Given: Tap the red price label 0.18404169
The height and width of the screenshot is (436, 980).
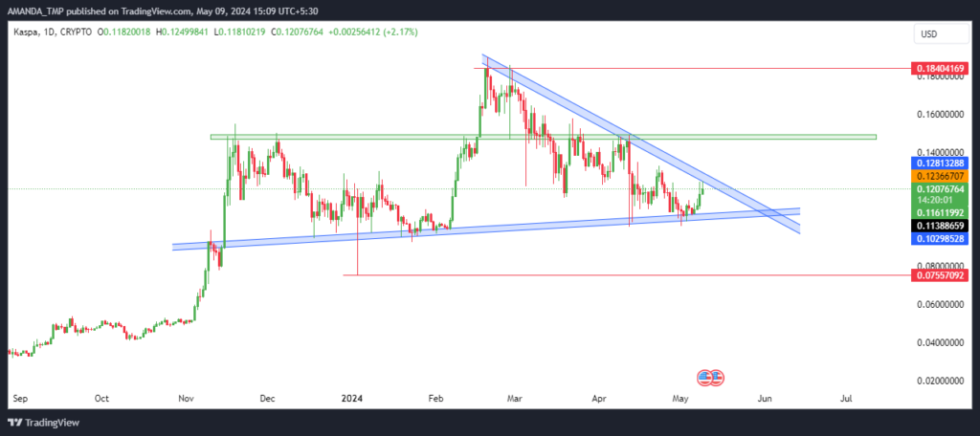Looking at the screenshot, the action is click(940, 68).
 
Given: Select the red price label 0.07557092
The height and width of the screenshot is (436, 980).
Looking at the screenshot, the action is click(940, 274).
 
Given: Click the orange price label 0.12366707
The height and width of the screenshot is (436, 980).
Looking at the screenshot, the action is click(940, 176).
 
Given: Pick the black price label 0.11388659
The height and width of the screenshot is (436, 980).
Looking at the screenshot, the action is click(940, 226).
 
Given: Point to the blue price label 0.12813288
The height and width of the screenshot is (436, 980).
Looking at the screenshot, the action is click(940, 163).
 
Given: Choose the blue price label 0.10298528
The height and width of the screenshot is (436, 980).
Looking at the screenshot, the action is click(940, 239).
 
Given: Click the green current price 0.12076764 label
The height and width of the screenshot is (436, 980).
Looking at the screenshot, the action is click(940, 188).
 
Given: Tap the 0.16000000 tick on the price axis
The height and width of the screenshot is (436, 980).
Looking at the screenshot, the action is click(940, 115).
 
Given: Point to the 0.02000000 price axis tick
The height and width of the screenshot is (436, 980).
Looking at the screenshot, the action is click(940, 381).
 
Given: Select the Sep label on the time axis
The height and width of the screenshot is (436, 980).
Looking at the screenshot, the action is click(19, 397).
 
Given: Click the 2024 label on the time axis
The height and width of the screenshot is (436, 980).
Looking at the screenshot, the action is click(351, 397).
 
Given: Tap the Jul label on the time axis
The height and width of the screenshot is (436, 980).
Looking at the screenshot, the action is click(847, 397).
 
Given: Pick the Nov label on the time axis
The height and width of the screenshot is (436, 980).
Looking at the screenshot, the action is click(186, 397).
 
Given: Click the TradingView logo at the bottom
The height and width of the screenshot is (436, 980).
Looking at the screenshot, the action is click(44, 423).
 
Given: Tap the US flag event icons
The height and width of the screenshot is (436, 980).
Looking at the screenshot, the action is click(711, 378).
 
